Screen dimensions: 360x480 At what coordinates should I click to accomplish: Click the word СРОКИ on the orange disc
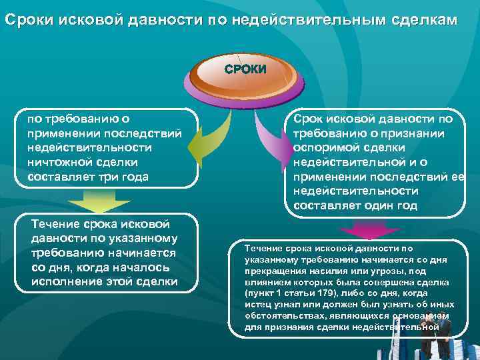pos(245,69)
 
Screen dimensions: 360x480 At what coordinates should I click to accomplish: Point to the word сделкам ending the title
pos(424,20)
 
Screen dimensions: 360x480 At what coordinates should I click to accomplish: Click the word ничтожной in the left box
pos(56,162)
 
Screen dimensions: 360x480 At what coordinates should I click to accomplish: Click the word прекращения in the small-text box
pos(274,271)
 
